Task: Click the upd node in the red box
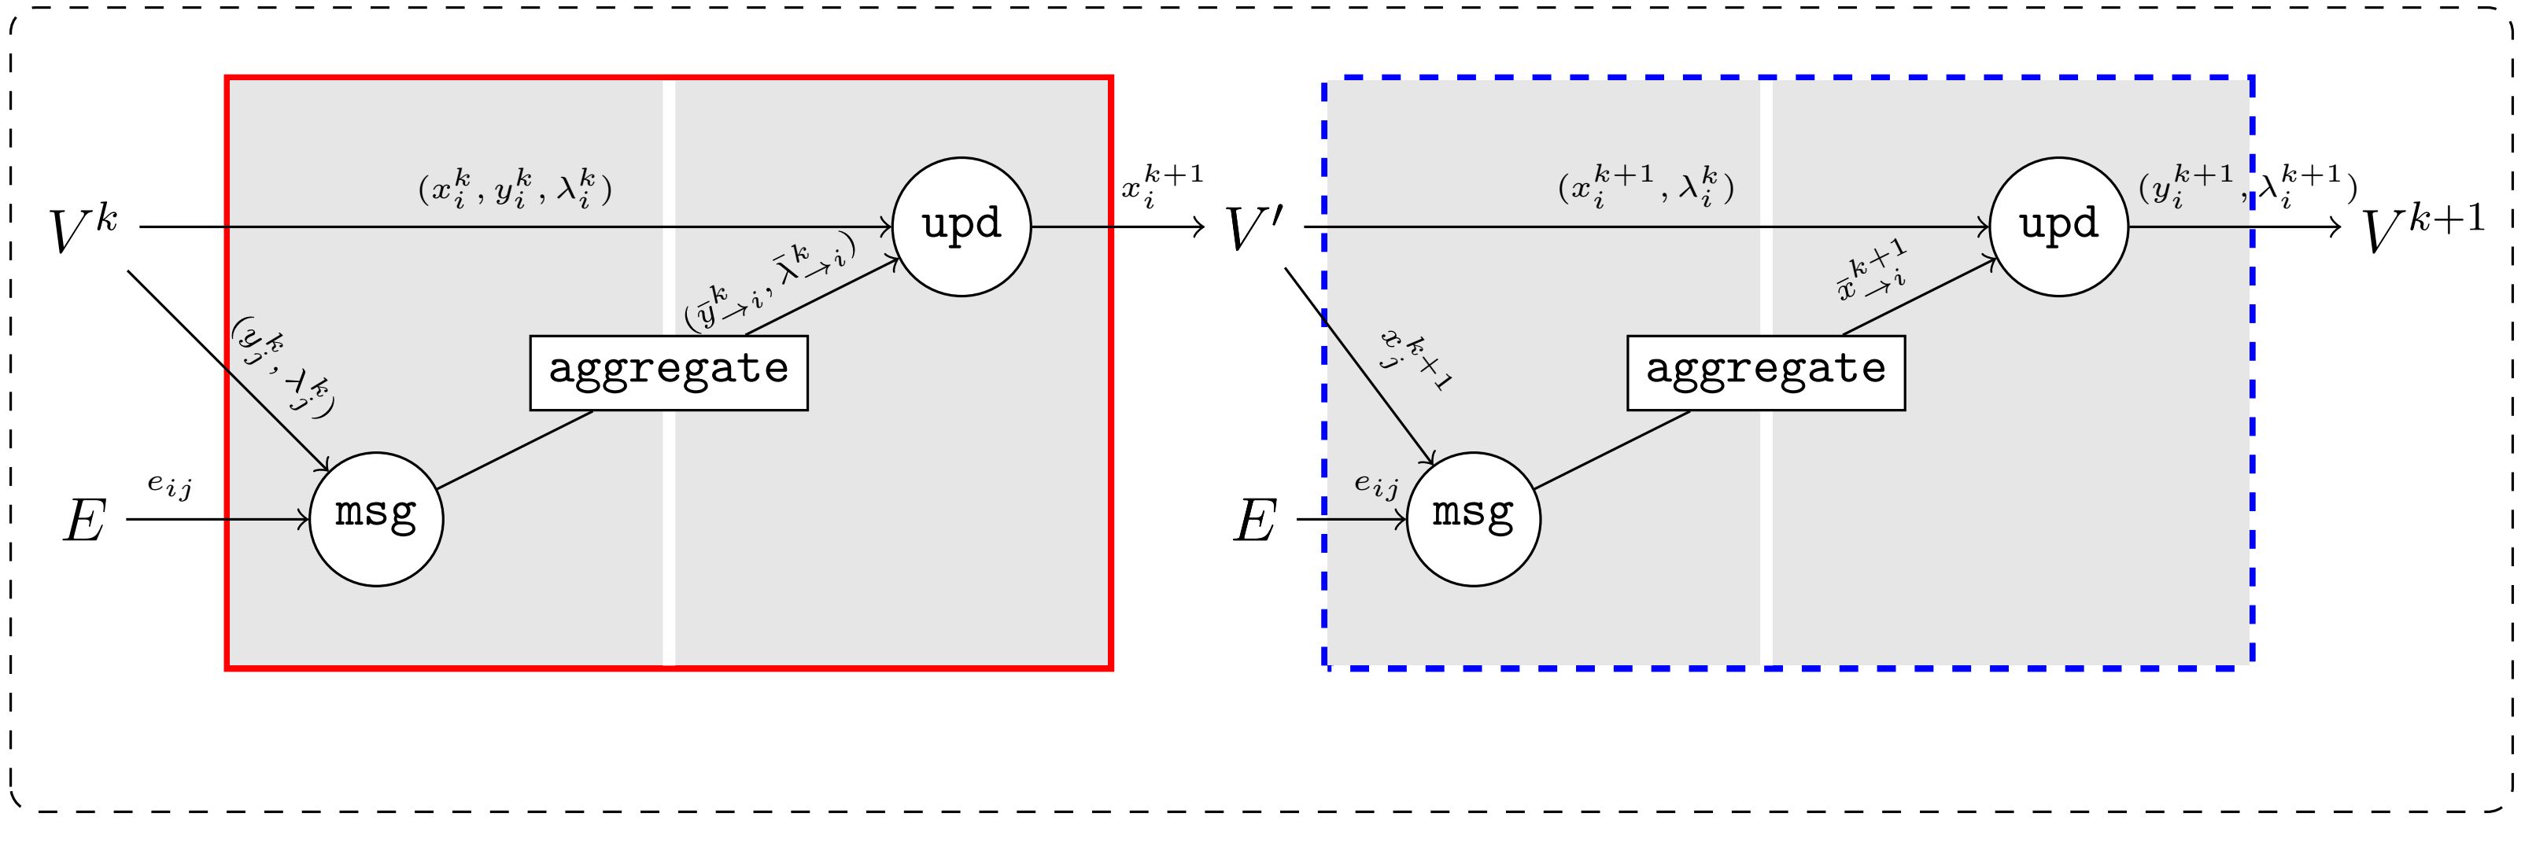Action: [x=961, y=226]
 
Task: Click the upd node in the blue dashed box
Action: [x=2058, y=226]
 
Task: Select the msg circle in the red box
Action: [x=376, y=518]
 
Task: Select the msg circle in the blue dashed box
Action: [x=1473, y=518]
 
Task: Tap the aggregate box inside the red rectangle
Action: [x=669, y=372]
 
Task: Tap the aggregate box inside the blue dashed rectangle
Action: [x=1766, y=372]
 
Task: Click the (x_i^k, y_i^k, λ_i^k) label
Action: [x=515, y=189]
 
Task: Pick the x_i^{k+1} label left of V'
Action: [x=1161, y=187]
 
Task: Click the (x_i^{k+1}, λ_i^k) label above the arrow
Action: [x=1646, y=185]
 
